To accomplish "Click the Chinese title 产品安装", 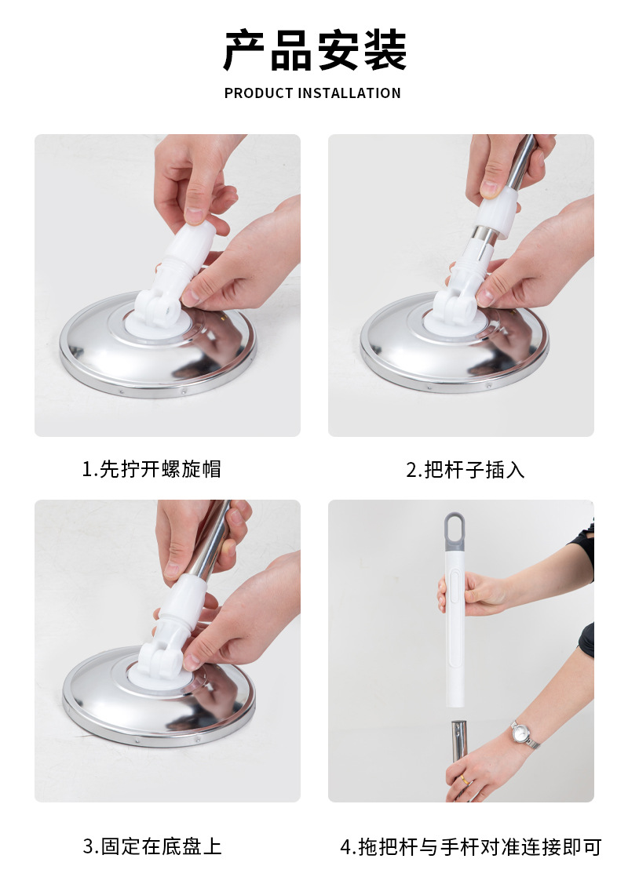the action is pos(314,51).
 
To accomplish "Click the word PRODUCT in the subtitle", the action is pos(258,93).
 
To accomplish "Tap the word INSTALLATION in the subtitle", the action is pos(349,93).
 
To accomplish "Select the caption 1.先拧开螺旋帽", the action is pos(152,469).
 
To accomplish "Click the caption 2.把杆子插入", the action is pos(466,470).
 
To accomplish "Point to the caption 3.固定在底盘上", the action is pos(152,846).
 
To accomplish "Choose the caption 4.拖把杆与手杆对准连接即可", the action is pos(471,847).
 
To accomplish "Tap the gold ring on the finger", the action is pos(466,780).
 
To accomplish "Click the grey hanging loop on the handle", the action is pos(455,531).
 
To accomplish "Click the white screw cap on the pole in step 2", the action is pos(497,212).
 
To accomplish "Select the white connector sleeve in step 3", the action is pos(181,605).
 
